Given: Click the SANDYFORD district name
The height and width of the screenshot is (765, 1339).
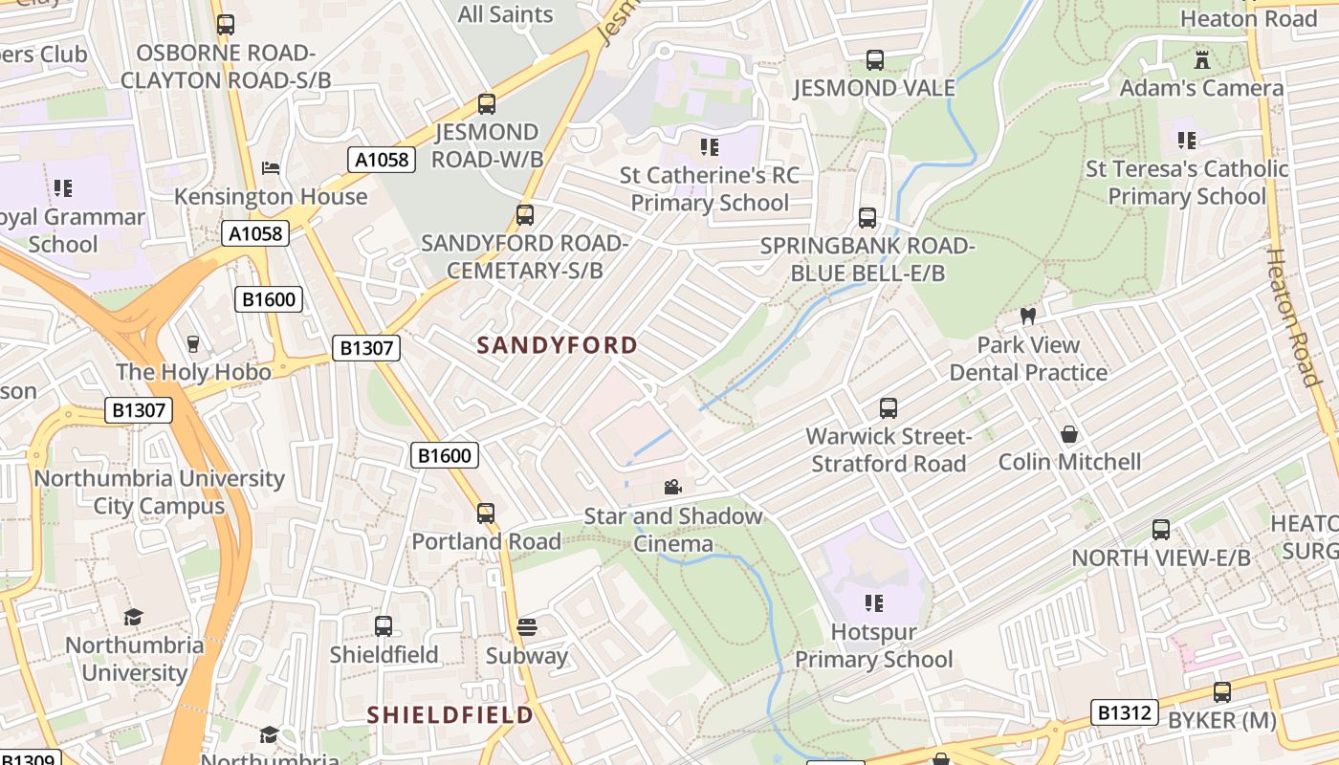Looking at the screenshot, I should click(x=557, y=345).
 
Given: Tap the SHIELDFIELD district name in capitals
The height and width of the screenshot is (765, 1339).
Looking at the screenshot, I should click(x=450, y=714).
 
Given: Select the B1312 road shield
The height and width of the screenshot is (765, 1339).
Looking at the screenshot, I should click(x=1124, y=712).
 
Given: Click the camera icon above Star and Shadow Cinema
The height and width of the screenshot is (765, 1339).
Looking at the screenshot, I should click(x=673, y=488).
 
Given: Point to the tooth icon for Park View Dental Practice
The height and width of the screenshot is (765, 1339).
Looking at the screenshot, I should click(x=1028, y=316).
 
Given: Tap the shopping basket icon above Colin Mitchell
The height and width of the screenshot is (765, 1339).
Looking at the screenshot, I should click(x=1069, y=435).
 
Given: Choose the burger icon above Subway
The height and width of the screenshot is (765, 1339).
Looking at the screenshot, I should click(x=527, y=627).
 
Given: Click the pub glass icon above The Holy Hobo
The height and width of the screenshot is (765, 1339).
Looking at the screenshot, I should click(x=193, y=343).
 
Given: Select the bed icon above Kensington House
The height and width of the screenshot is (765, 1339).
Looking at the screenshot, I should click(x=271, y=168).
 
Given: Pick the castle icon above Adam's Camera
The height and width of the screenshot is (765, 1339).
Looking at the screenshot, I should click(x=1202, y=59).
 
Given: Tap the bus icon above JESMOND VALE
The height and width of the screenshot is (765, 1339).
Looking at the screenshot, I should click(x=874, y=59).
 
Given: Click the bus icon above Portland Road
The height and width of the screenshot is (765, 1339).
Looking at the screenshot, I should click(x=486, y=514).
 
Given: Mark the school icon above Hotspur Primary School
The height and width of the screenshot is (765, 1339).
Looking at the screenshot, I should click(x=873, y=603).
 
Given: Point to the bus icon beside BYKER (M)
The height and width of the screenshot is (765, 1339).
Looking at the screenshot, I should click(x=1221, y=691).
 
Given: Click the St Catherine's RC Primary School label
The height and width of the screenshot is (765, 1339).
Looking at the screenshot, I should click(x=710, y=189).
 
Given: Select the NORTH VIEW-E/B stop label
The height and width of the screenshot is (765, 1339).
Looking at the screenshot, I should click(x=1160, y=558).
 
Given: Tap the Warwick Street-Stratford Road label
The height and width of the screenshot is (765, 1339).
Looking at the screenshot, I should click(x=889, y=450).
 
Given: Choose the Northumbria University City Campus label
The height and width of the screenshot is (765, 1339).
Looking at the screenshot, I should click(x=160, y=492).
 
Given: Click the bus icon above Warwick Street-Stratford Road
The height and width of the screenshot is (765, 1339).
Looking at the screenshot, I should click(x=889, y=408).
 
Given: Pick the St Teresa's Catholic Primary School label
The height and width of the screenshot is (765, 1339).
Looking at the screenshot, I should click(x=1187, y=183).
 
